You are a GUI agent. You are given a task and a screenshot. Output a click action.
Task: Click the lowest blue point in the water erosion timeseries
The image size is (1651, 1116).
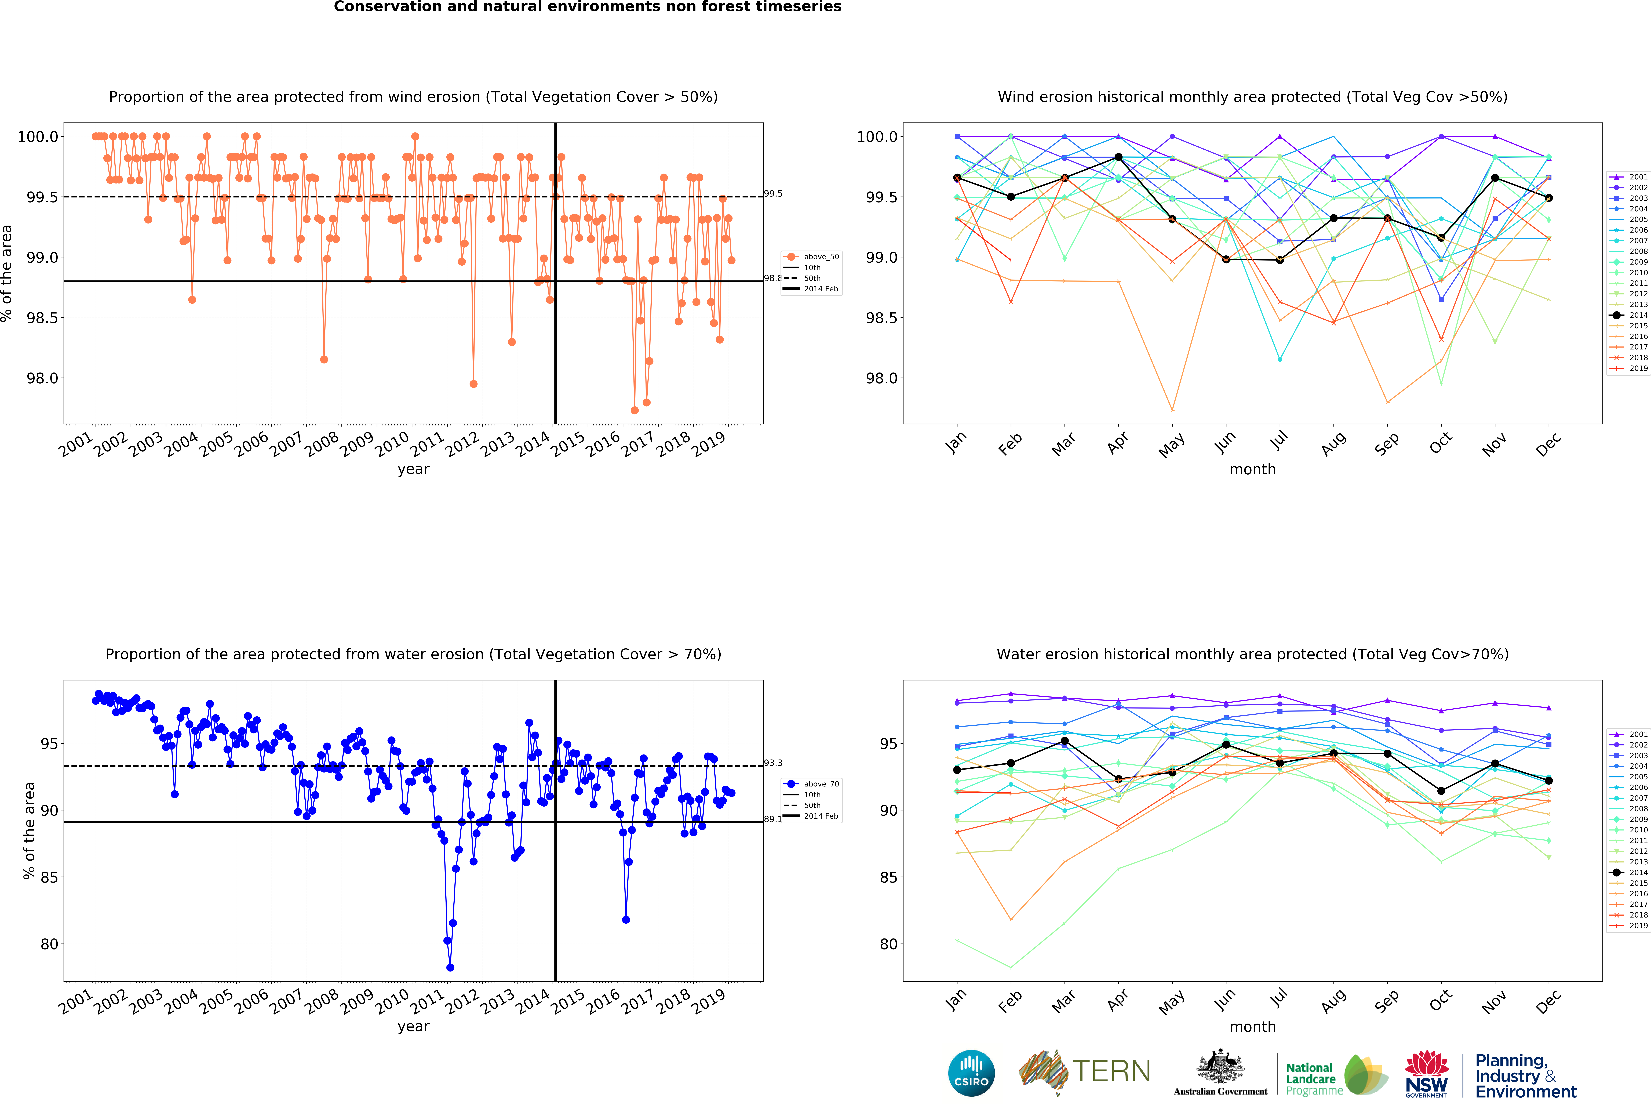[450, 967]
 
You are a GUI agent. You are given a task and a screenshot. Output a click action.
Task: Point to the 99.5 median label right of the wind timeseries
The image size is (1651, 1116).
[773, 193]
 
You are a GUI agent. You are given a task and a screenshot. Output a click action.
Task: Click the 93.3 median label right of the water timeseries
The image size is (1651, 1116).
[773, 763]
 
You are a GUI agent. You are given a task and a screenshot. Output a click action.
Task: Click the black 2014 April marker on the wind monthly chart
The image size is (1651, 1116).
[1118, 157]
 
